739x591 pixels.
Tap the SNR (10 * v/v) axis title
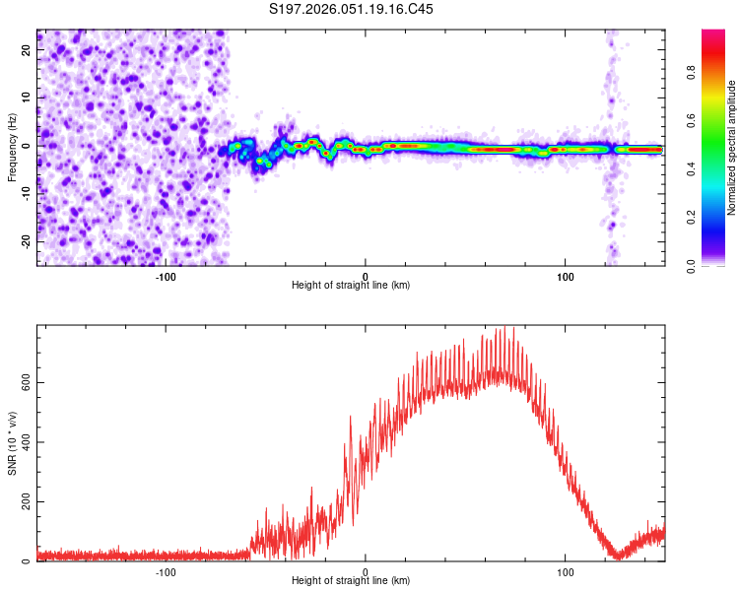[12, 444]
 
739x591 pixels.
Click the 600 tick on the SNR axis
[24, 381]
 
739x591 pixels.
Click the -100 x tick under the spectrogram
[165, 276]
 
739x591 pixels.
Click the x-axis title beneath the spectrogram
[351, 286]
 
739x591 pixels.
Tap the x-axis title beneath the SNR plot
[351, 582]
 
